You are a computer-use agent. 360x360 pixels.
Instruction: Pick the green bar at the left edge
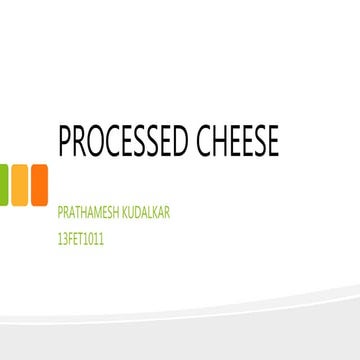point(4,181)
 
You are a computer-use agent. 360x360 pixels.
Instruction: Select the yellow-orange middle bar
point(19,181)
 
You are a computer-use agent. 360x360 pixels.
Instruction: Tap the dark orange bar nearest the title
point(38,181)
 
